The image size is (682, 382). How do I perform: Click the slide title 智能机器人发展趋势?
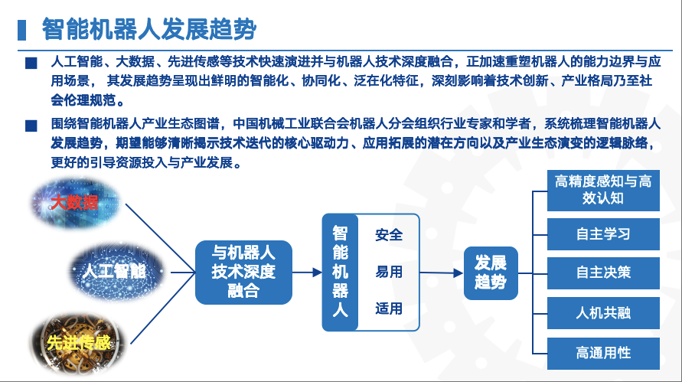148,29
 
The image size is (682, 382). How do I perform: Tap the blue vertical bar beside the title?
21,30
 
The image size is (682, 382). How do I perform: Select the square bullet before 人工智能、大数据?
31,63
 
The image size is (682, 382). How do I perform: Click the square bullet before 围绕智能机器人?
31,126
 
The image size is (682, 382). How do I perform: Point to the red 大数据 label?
74,202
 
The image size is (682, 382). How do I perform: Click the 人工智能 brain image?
116,272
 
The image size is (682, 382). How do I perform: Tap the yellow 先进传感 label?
79,343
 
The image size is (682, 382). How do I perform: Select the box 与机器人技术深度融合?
243,273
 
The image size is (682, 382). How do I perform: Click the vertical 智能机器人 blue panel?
340,273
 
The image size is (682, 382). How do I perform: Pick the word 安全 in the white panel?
389,235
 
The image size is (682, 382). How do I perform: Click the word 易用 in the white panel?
389,272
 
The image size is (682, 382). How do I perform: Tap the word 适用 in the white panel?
389,309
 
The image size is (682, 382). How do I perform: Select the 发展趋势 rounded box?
491,273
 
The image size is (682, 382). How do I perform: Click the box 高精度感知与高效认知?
603,190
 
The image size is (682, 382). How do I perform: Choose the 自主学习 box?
603,234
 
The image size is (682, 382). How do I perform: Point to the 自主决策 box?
603,273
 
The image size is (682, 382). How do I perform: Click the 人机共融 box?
603,313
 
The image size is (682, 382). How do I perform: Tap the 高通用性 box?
603,353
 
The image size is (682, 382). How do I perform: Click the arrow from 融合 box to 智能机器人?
307,273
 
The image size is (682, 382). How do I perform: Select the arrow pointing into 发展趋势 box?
442,273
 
